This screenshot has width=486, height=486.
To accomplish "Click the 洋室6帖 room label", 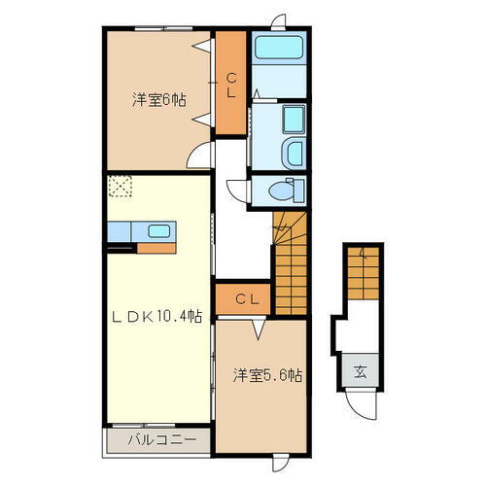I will pos(160,99).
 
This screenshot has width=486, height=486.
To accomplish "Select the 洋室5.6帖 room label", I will pos(265,374).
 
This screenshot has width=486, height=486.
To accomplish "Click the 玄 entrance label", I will pos(361,370).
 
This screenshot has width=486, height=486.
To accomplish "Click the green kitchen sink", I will pos(158,232).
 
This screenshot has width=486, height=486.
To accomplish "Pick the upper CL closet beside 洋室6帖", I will pos(230,86).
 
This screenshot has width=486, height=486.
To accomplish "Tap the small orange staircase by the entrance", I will pos(359,274).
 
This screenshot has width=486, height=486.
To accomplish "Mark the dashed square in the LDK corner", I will pos(121,187).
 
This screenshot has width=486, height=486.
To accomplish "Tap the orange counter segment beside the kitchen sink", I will pos(156,247).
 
